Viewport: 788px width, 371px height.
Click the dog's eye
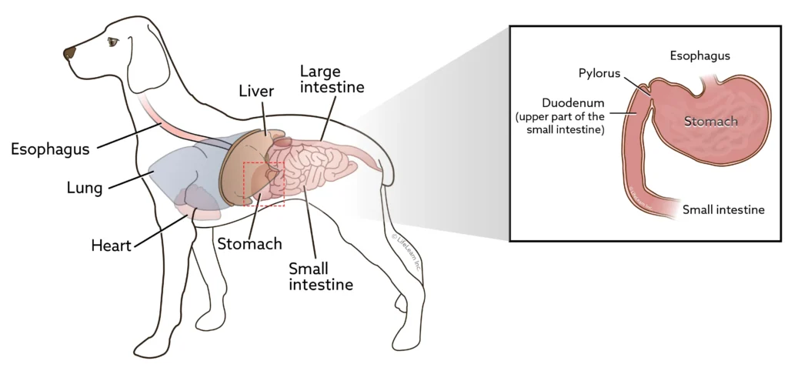[113, 43]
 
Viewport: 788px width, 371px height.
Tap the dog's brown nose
[70, 53]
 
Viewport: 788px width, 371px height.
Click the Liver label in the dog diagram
[256, 92]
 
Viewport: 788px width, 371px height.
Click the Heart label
[111, 246]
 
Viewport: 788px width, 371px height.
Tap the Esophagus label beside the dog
[50, 149]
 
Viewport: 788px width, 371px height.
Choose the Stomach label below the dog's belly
[249, 244]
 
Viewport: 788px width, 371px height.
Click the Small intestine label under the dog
[320, 276]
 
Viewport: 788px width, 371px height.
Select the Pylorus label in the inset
[599, 72]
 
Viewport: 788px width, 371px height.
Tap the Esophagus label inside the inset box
[700, 55]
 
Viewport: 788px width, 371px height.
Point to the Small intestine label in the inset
[724, 209]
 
